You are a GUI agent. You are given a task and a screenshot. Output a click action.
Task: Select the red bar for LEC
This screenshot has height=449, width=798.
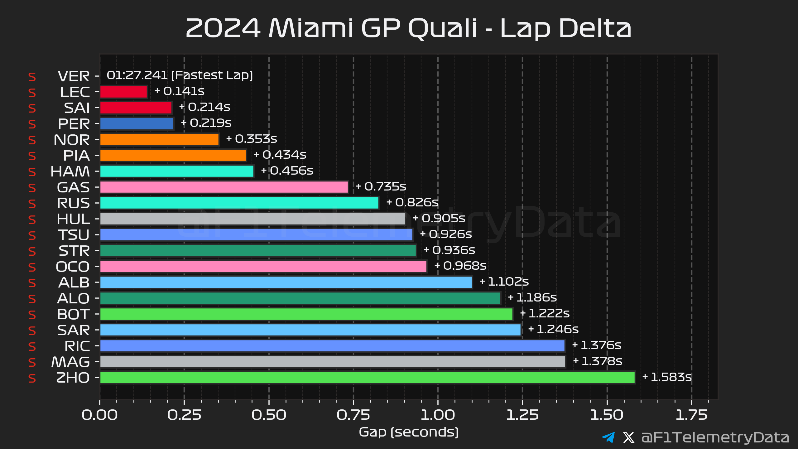pyautogui.click(x=123, y=92)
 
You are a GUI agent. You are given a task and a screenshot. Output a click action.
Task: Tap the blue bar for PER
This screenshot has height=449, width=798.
pyautogui.click(x=137, y=124)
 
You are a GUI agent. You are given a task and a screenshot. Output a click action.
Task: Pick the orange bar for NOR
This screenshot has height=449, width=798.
pyautogui.click(x=159, y=140)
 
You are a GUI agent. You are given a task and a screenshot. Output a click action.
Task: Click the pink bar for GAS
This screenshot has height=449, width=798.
pyautogui.click(x=224, y=187)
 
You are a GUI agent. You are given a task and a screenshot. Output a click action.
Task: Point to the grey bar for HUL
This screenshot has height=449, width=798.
pyautogui.click(x=252, y=219)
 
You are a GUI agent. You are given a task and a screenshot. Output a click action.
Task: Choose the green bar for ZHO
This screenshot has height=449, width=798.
pyautogui.click(x=367, y=378)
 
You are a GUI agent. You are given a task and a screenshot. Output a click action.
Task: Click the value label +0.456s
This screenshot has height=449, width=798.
pyautogui.click(x=287, y=171)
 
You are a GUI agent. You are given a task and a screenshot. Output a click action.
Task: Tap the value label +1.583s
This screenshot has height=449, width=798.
pyautogui.click(x=667, y=377)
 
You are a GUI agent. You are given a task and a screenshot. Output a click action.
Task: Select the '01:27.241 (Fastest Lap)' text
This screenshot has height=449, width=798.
pyautogui.click(x=180, y=75)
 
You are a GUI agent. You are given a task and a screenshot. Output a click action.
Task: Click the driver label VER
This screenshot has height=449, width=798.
pyautogui.click(x=74, y=76)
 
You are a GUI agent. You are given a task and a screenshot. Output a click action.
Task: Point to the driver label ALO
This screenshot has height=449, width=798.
pyautogui.click(x=74, y=299)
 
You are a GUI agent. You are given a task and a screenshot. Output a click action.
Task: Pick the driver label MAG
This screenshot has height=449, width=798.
pyautogui.click(x=70, y=362)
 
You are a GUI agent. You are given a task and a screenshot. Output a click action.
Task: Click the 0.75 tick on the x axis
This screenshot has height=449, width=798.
pyautogui.click(x=353, y=415)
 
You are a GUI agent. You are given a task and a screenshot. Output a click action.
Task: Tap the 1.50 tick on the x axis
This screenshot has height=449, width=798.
pyautogui.click(x=607, y=415)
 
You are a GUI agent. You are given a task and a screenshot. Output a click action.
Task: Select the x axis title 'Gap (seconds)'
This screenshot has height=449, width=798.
pyautogui.click(x=409, y=432)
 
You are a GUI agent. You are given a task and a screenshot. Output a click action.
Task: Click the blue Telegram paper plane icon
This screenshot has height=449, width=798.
pyautogui.click(x=608, y=437)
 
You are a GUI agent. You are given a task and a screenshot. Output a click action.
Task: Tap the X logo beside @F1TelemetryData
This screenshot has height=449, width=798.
pyautogui.click(x=628, y=437)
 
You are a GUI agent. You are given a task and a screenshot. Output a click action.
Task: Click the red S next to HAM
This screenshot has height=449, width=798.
pyautogui.click(x=32, y=172)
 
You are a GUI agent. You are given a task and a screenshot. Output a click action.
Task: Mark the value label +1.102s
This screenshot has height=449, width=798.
pyautogui.click(x=504, y=282)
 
